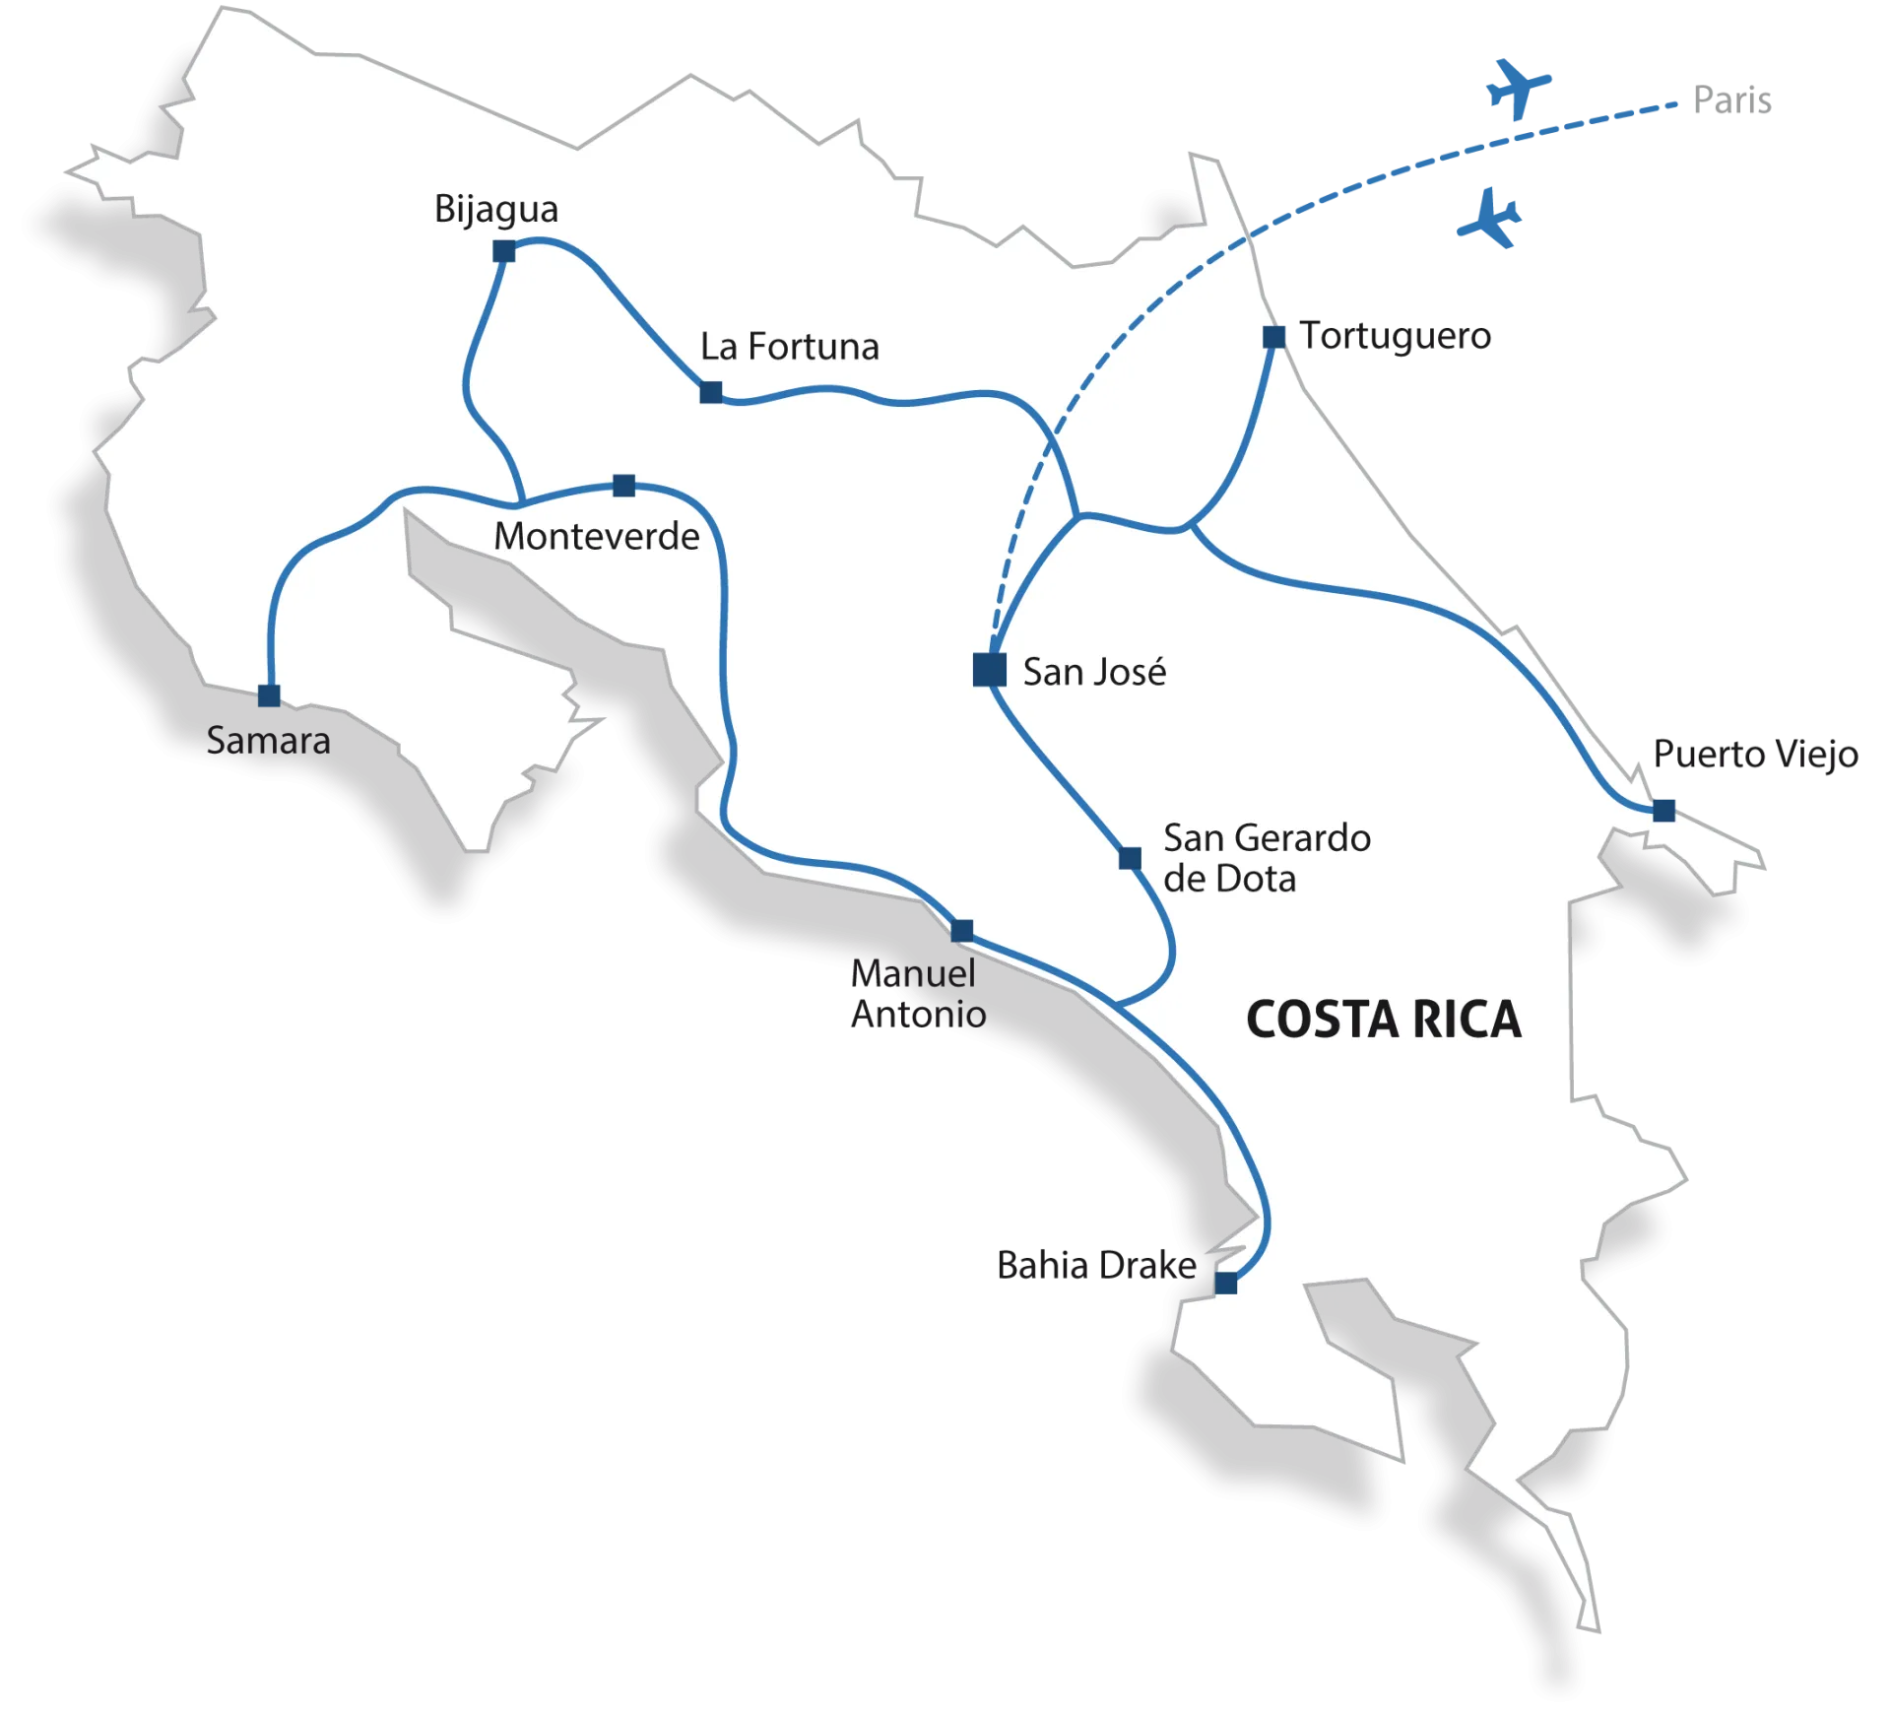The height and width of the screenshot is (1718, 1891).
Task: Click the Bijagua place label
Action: tap(496, 210)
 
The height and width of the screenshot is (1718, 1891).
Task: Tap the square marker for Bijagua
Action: tap(504, 251)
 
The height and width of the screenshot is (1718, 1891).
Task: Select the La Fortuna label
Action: tap(789, 347)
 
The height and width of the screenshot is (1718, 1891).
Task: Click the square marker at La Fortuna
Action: tap(711, 392)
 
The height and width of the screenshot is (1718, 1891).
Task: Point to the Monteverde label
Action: tap(596, 537)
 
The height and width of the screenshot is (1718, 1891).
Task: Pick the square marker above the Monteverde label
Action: tap(623, 485)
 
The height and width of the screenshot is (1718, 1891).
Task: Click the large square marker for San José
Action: tap(990, 669)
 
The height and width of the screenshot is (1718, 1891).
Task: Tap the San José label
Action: tap(1094, 672)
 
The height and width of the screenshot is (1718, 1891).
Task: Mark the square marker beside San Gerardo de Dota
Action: tap(1130, 858)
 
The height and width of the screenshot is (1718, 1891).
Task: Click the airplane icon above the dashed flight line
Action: tap(1518, 87)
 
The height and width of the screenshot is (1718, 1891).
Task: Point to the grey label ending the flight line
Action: tap(1732, 99)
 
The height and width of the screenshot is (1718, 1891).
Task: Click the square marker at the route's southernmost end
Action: tap(1225, 1283)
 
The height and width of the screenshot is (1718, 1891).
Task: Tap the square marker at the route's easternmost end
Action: tap(1664, 809)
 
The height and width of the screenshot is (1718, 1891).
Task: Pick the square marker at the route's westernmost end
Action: tap(269, 695)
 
